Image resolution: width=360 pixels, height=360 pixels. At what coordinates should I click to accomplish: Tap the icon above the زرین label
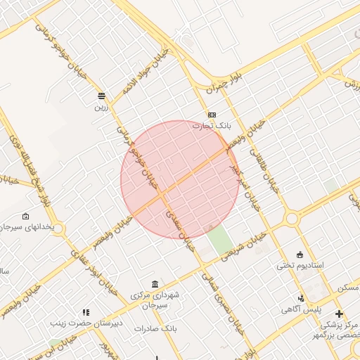102,96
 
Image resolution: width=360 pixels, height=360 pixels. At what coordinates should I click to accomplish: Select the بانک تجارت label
212,125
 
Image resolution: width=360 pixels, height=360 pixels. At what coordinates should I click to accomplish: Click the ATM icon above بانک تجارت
212,115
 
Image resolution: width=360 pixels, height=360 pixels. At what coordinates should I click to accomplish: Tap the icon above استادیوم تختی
300,254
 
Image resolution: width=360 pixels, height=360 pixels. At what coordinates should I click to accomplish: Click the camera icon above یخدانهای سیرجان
26,216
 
